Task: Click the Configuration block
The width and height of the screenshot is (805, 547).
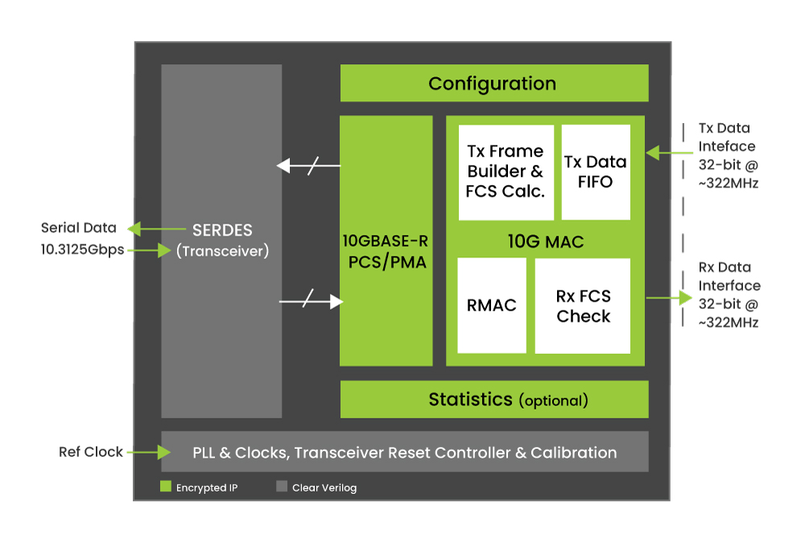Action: pyautogui.click(x=494, y=83)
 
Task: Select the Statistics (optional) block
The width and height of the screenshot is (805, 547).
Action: pyautogui.click(x=494, y=399)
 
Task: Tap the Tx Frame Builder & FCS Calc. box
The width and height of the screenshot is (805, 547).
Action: pyautogui.click(x=506, y=172)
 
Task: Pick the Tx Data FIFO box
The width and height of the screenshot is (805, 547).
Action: pyautogui.click(x=596, y=172)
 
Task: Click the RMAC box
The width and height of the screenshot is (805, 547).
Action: pyautogui.click(x=491, y=306)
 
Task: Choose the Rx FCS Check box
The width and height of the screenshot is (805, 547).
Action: pyautogui.click(x=583, y=306)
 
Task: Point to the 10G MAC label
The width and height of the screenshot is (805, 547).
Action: pyautogui.click(x=545, y=241)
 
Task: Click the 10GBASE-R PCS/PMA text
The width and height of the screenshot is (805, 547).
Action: pyautogui.click(x=386, y=252)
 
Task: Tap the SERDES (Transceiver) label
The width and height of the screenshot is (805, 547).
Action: pyautogui.click(x=222, y=241)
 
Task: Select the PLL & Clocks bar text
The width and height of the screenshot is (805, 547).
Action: pyautogui.click(x=405, y=452)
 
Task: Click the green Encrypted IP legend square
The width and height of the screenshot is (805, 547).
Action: pyautogui.click(x=165, y=486)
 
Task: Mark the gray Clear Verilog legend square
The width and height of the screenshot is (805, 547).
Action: pyautogui.click(x=281, y=486)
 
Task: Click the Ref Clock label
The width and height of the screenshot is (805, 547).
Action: pyautogui.click(x=91, y=451)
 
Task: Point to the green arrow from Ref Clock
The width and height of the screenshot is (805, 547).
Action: pyautogui.click(x=149, y=452)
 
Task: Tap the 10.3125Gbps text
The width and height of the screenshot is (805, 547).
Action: pyautogui.click(x=83, y=250)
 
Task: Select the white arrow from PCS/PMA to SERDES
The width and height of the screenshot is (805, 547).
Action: pyautogui.click(x=308, y=166)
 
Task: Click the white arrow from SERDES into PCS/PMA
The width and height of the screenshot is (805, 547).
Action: pyautogui.click(x=311, y=301)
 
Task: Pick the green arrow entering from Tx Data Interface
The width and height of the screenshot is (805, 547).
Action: pyautogui.click(x=670, y=152)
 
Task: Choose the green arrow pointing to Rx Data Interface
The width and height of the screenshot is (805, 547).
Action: pyautogui.click(x=670, y=298)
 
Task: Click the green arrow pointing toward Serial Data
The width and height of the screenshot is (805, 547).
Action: pyautogui.click(x=157, y=229)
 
